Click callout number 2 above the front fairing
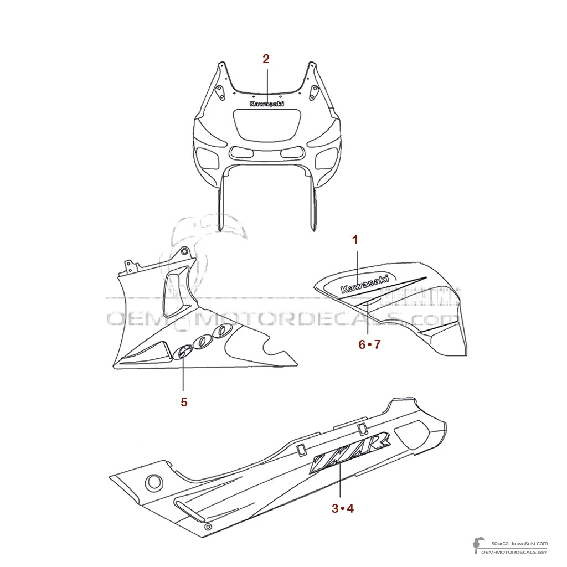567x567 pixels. [x=266, y=59]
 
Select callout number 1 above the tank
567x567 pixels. [x=355, y=239]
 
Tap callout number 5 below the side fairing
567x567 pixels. [x=184, y=402]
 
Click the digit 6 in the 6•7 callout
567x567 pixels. [x=362, y=344]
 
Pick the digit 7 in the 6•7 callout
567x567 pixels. [x=377, y=344]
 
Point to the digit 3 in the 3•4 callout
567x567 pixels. [x=335, y=508]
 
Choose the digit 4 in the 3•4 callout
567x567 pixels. [x=350, y=508]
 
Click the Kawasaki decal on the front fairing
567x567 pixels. [x=267, y=104]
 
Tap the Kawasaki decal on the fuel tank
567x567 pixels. [x=365, y=283]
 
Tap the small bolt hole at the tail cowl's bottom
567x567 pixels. [x=208, y=527]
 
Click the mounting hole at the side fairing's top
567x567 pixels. [x=184, y=251]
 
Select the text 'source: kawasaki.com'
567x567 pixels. [x=519, y=543]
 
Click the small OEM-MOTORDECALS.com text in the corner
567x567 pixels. [x=514, y=552]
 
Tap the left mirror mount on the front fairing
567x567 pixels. [x=219, y=91]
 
